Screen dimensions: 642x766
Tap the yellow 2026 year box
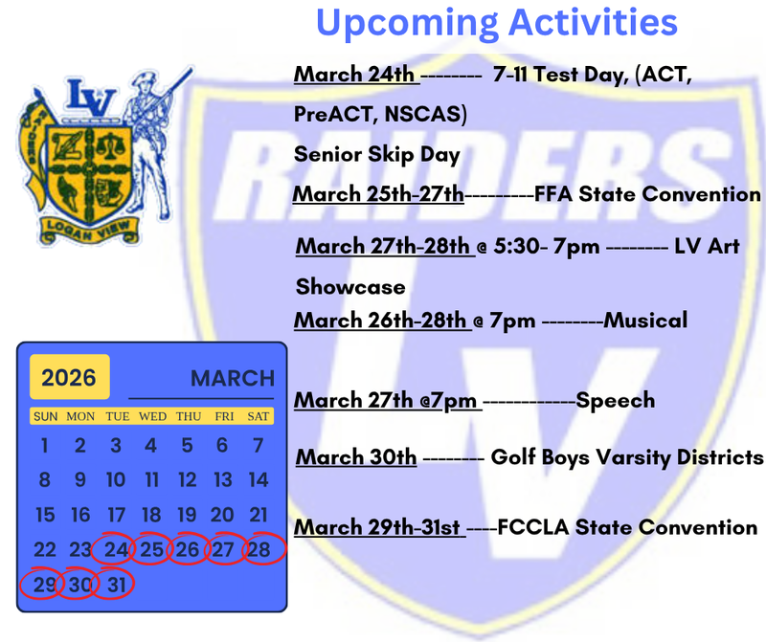pyautogui.click(x=69, y=377)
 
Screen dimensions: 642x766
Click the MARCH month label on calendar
pyautogui.click(x=232, y=378)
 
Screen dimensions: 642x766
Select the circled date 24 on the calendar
pyautogui.click(x=116, y=550)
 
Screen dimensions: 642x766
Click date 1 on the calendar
pyautogui.click(x=44, y=445)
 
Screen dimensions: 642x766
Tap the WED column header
pyautogui.click(x=151, y=416)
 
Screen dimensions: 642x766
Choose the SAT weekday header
pyautogui.click(x=258, y=416)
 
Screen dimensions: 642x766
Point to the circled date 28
pyautogui.click(x=259, y=550)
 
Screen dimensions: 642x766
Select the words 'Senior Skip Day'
pyautogui.click(x=376, y=154)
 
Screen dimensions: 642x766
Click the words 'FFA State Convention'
pyautogui.click(x=647, y=194)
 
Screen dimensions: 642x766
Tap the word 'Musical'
pyautogui.click(x=645, y=320)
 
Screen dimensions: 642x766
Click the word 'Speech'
pyautogui.click(x=615, y=400)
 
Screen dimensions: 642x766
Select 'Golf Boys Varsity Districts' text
pyautogui.click(x=627, y=457)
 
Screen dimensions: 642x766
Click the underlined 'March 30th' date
pyautogui.click(x=355, y=457)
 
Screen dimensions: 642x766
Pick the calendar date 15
pyautogui.click(x=44, y=515)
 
